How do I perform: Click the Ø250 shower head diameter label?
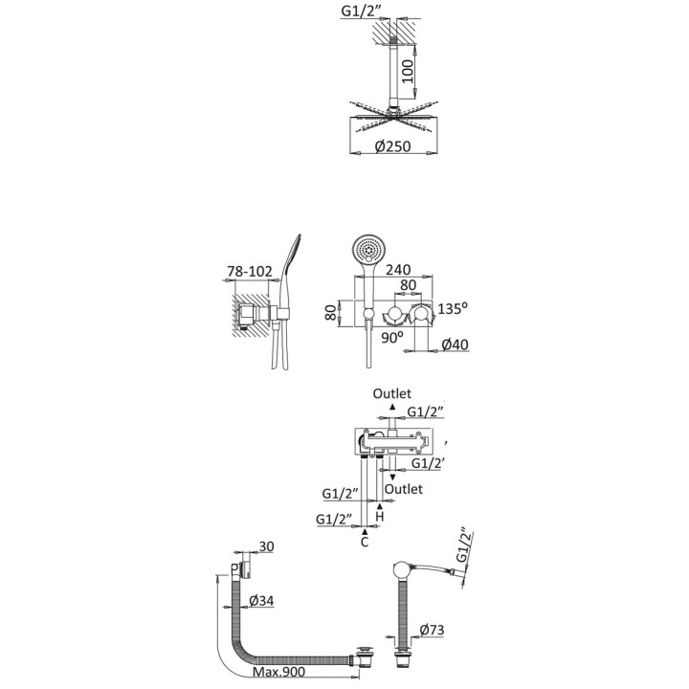(x=393, y=145)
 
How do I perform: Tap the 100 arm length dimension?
(x=409, y=73)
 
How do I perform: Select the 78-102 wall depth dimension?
(x=250, y=272)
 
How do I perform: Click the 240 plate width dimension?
(x=398, y=269)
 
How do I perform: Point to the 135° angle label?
(x=453, y=308)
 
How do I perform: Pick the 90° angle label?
(x=392, y=338)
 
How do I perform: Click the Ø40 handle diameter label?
(x=455, y=344)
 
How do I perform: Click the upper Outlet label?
(x=392, y=393)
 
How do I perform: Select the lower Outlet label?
(x=404, y=489)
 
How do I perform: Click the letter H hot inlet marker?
(x=380, y=517)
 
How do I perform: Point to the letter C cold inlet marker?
(x=365, y=543)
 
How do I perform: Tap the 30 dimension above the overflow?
(x=266, y=546)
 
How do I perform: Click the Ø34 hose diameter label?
(x=261, y=600)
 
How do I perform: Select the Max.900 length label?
(x=278, y=672)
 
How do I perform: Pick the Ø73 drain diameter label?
(x=432, y=630)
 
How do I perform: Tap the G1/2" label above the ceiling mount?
(x=359, y=11)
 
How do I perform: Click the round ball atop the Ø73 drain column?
(x=402, y=570)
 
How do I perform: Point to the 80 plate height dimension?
(x=332, y=312)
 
